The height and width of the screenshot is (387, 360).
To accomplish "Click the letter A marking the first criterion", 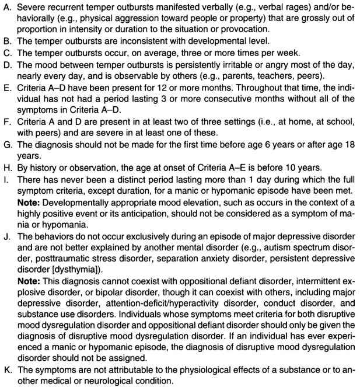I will (5, 6).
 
